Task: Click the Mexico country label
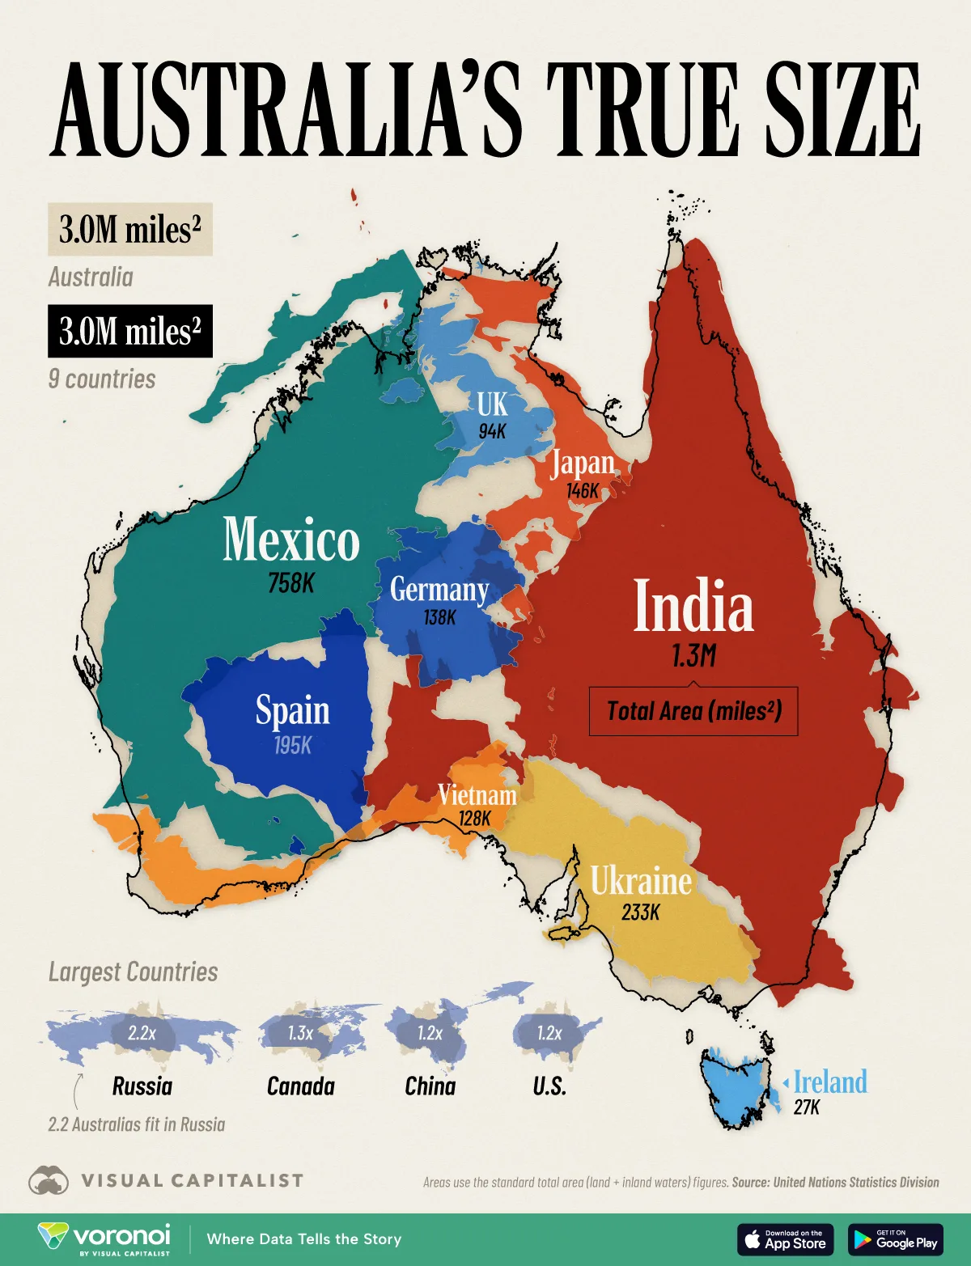click(x=291, y=540)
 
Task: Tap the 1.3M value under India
click(x=693, y=655)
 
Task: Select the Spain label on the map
click(x=292, y=710)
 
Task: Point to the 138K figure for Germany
click(x=439, y=617)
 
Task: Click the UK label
click(x=492, y=404)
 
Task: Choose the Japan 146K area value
click(x=583, y=491)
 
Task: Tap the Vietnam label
click(x=477, y=795)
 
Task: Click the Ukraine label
click(x=641, y=881)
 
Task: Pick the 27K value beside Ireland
click(x=806, y=1107)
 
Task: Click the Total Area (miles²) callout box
click(x=693, y=711)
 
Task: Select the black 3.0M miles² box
click(x=130, y=331)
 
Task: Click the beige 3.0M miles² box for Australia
click(x=130, y=230)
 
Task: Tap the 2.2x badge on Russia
click(x=142, y=1033)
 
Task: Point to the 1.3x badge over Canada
click(x=300, y=1033)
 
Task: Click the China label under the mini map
click(x=430, y=1086)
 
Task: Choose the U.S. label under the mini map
click(x=549, y=1086)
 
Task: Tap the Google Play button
click(x=895, y=1239)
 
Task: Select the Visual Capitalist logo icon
click(x=49, y=1180)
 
